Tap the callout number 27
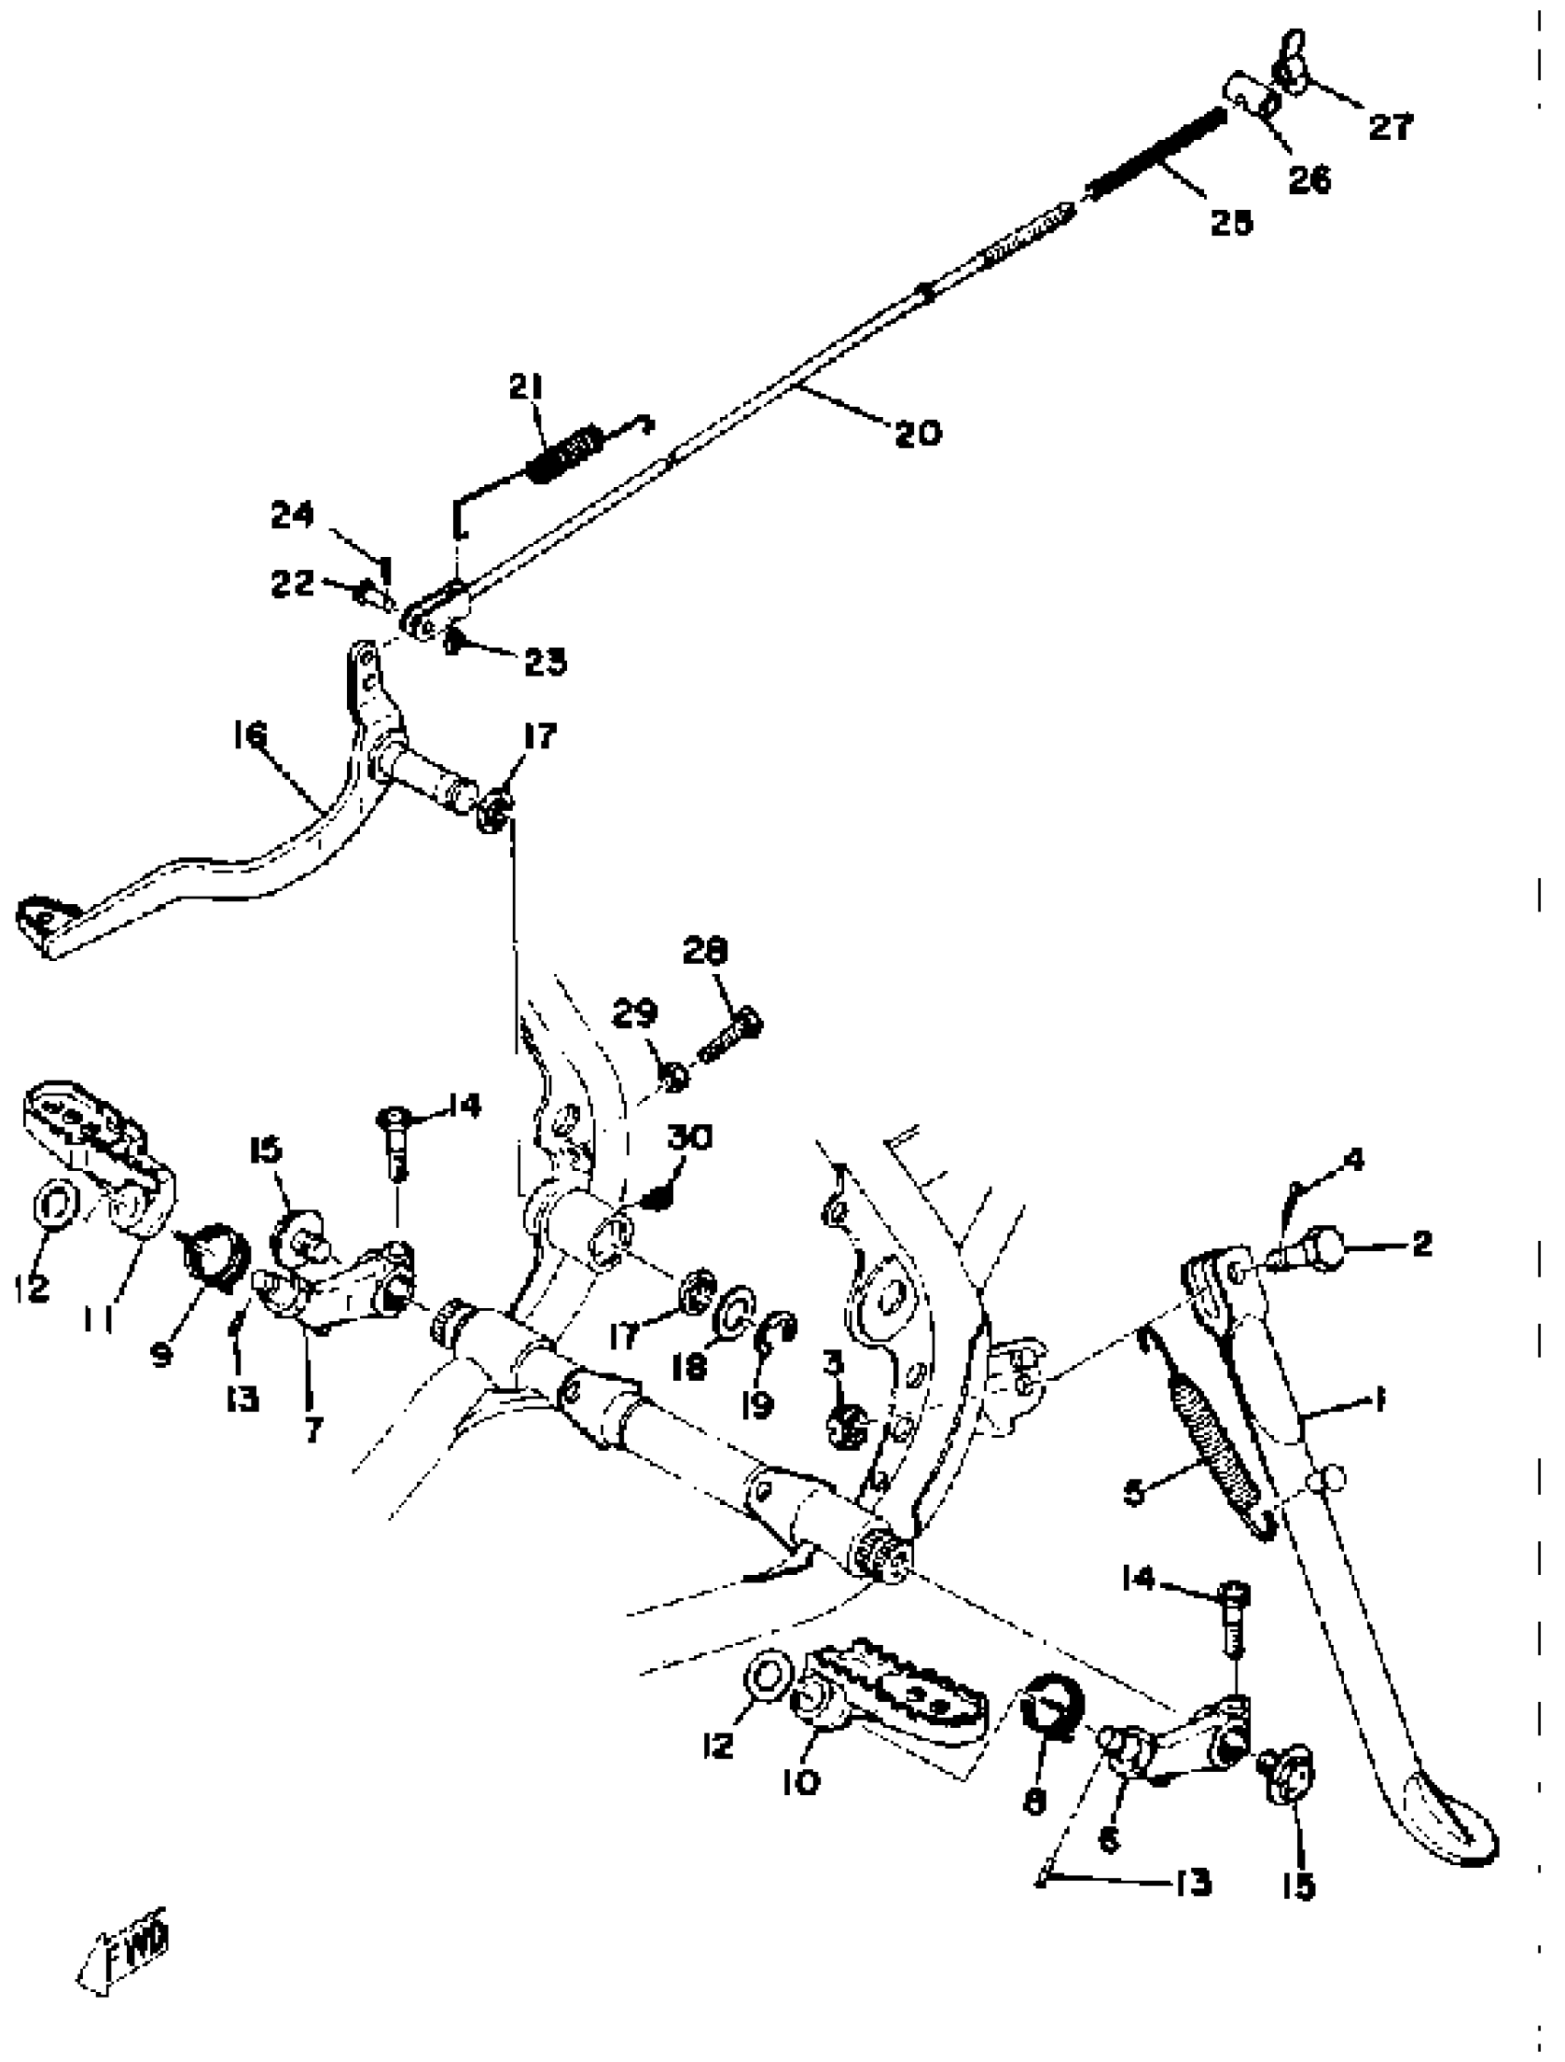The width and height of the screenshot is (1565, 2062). coord(1390,126)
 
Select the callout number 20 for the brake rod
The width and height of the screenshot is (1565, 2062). coord(917,433)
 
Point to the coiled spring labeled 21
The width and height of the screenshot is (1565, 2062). coord(564,454)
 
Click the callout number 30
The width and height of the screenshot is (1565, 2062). coord(689,1138)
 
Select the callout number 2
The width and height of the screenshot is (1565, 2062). coord(1420,1243)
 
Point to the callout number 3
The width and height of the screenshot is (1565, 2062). coord(832,1364)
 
